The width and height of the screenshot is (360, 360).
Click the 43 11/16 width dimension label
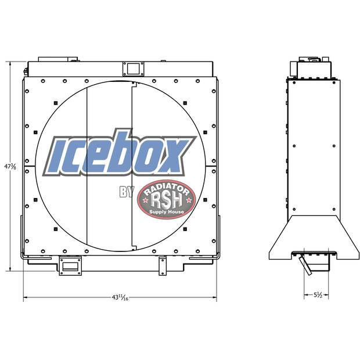(120, 297)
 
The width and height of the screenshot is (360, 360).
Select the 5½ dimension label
(318, 295)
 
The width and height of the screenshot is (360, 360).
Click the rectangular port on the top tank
(133, 68)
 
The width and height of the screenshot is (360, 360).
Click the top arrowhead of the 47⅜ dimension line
(10, 62)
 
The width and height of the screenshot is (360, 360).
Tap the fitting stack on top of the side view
(313, 67)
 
